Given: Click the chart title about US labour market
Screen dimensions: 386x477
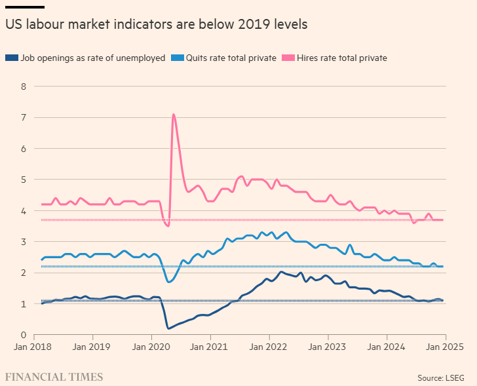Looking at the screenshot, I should (x=157, y=24).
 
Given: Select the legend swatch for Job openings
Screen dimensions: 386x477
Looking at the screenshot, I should (x=11, y=58).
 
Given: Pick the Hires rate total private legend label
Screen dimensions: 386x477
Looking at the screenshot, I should (x=341, y=58).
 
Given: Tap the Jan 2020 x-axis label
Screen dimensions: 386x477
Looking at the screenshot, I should (x=151, y=347).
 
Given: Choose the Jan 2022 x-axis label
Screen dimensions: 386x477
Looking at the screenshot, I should (x=269, y=347).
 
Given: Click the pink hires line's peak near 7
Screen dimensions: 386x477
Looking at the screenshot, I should (x=174, y=115).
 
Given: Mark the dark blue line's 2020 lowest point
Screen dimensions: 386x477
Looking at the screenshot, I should (x=168, y=328).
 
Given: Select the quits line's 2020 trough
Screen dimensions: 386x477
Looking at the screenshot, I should (x=169, y=282).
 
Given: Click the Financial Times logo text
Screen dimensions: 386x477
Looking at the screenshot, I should (x=54, y=377).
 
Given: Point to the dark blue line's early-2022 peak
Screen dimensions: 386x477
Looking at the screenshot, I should (x=281, y=272).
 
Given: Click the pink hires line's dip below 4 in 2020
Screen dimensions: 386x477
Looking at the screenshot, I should (x=168, y=226).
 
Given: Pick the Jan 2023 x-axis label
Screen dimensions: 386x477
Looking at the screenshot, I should (x=329, y=347).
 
